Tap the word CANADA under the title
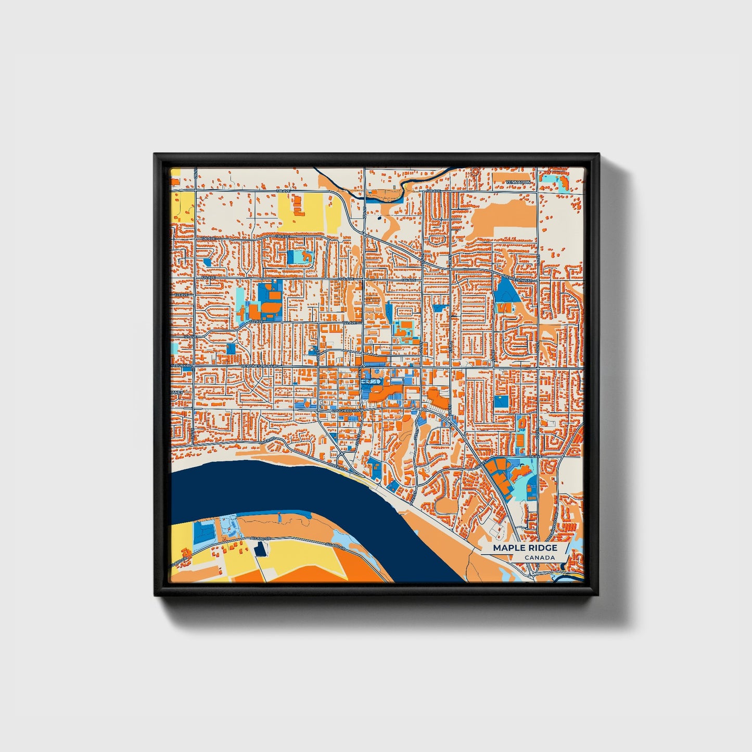coord(539,558)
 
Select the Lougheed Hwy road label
coord(347,411)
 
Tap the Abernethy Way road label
coord(520,279)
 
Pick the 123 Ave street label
coord(182,295)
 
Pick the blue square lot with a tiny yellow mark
coord(502,401)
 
